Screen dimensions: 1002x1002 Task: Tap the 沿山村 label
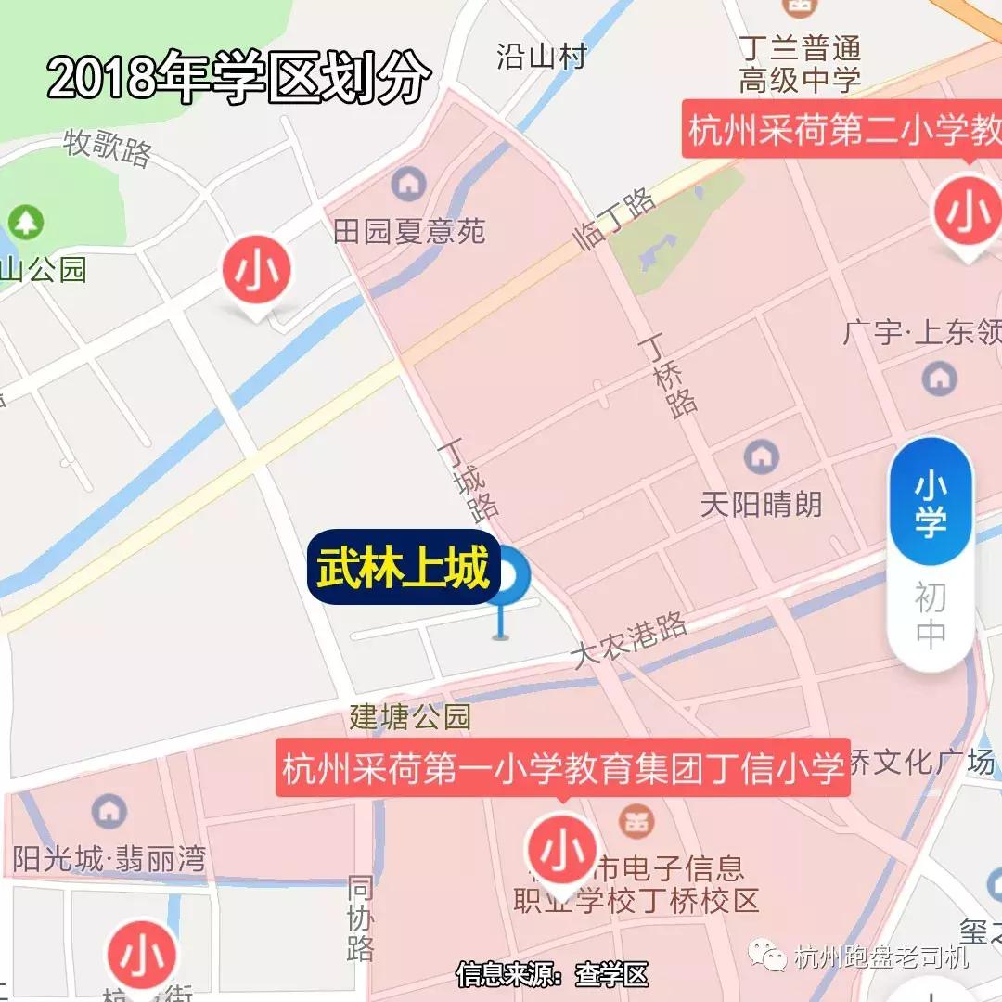[x=542, y=56]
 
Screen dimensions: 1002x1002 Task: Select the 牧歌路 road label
[x=108, y=148]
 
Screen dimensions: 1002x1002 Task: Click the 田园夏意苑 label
[x=409, y=230]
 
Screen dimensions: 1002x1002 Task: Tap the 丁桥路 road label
[x=667, y=376]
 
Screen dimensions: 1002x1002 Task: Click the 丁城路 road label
[x=469, y=479]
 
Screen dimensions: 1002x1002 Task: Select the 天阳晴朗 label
[x=761, y=504]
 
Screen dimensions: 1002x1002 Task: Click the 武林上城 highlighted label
[x=404, y=568]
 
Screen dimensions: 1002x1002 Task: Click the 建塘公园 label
[x=410, y=716]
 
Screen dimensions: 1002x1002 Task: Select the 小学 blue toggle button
[x=931, y=504]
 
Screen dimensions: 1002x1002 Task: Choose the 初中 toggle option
[x=931, y=614]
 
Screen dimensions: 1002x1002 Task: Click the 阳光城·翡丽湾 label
[x=109, y=858]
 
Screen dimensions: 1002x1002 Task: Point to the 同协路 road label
[x=360, y=918]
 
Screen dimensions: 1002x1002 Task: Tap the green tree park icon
[x=26, y=222]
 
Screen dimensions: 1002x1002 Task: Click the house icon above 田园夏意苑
[x=409, y=184]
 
